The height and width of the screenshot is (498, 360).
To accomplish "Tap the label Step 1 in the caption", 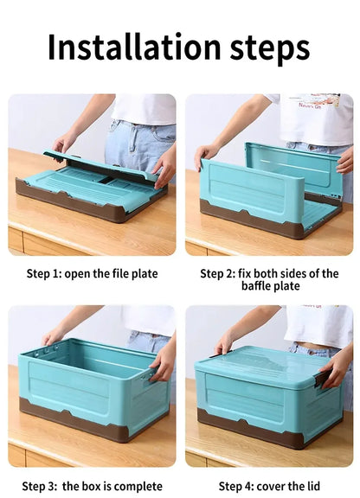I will pos(43,274).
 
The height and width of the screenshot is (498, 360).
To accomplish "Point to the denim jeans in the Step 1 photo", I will pos(138,138).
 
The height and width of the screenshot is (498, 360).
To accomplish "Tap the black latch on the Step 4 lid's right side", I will pos(322,379).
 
